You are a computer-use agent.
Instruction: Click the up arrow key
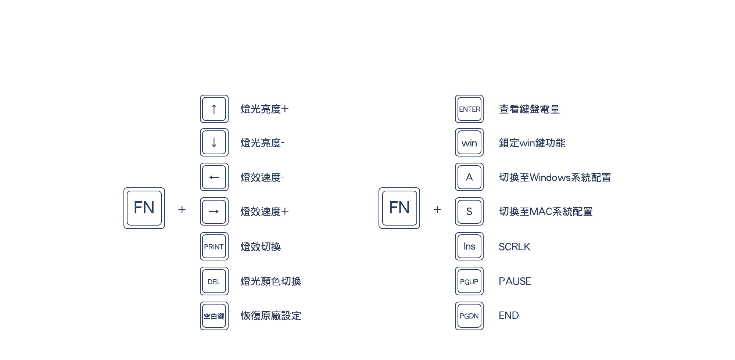(x=214, y=109)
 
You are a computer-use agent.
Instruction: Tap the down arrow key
(x=214, y=143)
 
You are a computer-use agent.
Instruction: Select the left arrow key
(x=214, y=177)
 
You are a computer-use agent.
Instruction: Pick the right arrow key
(x=214, y=212)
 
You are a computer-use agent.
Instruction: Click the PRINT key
(x=214, y=246)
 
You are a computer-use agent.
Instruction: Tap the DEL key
(x=214, y=281)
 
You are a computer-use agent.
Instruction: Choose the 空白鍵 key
(x=214, y=316)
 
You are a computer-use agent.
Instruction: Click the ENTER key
(x=469, y=109)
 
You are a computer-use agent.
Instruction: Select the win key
(x=469, y=143)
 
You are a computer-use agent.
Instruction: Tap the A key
(x=469, y=177)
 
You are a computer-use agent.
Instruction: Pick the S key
(x=469, y=212)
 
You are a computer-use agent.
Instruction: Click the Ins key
(x=469, y=246)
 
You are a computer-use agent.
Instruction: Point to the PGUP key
(x=469, y=281)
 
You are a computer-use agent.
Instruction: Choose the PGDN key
(x=469, y=316)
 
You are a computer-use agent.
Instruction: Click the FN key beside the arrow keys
(x=144, y=208)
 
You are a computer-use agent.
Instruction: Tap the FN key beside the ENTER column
(x=399, y=208)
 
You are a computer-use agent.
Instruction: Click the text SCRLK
(x=514, y=247)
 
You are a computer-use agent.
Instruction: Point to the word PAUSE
(x=514, y=281)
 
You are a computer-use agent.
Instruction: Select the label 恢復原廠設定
(x=271, y=316)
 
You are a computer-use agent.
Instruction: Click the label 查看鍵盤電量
(x=529, y=109)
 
